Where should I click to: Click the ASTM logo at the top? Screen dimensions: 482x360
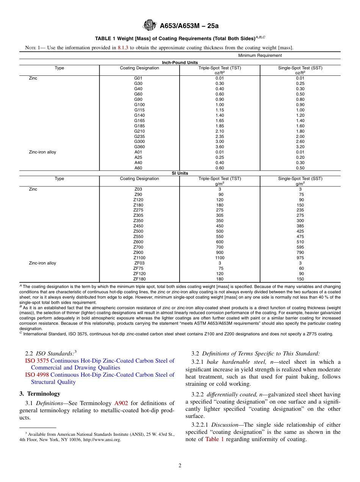click(x=149, y=26)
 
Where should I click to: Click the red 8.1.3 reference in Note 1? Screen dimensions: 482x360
click(x=123, y=48)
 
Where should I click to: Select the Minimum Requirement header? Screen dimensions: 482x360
click(x=260, y=55)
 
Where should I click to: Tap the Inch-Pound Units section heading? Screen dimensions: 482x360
click(x=180, y=63)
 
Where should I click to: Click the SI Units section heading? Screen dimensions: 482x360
click(x=180, y=173)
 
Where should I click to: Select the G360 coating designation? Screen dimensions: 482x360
click(x=139, y=147)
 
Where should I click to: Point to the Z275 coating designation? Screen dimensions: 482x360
click(x=139, y=210)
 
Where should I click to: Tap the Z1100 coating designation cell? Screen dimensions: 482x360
click(x=139, y=258)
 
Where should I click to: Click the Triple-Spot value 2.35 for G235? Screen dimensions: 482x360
click(x=220, y=136)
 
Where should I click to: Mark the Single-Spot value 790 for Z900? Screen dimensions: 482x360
click(x=300, y=252)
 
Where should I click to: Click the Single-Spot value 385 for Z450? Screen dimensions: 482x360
click(x=300, y=226)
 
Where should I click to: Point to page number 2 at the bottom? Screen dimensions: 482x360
click(x=180, y=466)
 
